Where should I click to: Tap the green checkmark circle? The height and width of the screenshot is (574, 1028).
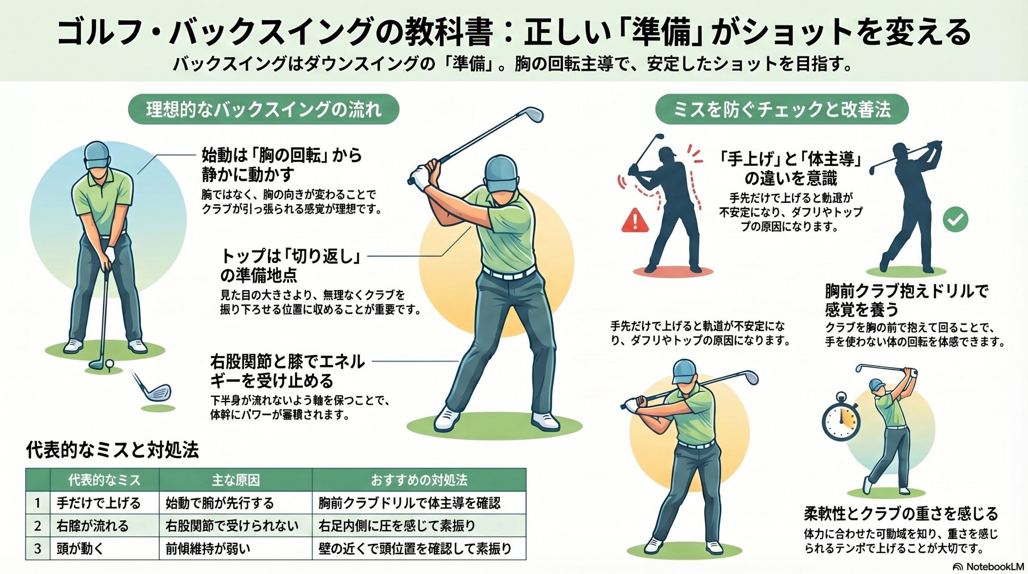(955, 219)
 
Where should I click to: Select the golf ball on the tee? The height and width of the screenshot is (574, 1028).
(109, 364)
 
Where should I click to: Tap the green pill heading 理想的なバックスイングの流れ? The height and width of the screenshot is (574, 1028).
(263, 109)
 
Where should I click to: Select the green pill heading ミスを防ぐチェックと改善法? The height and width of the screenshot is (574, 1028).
(782, 109)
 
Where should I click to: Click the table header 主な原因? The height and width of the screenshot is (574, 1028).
(236, 480)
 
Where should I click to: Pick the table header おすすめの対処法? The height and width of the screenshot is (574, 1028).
(419, 480)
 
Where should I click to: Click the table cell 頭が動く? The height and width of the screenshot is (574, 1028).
(80, 548)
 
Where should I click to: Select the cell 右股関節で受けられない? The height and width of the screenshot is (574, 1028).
(232, 525)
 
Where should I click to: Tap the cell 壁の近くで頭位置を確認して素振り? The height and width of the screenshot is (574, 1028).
(415, 548)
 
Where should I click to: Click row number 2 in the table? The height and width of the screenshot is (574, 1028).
(38, 525)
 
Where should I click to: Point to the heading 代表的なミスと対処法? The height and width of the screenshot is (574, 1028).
(112, 450)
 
